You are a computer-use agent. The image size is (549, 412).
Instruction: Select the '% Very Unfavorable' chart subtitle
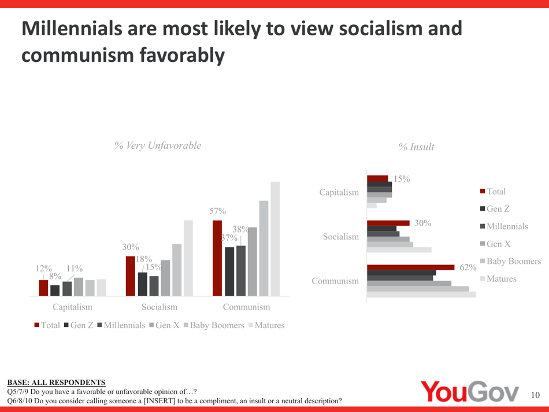click(x=158, y=146)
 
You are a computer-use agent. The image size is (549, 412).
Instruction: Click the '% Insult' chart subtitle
click(x=416, y=148)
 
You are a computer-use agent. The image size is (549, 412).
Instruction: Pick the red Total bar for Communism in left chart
click(x=217, y=257)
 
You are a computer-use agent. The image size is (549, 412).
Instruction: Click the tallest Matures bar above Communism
click(x=275, y=238)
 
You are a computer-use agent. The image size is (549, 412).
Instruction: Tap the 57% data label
click(x=218, y=212)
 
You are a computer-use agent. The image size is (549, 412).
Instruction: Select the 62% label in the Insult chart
click(x=468, y=267)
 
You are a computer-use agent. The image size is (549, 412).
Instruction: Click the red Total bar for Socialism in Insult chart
click(x=388, y=223)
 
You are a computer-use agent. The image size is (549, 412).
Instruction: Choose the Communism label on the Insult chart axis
click(x=335, y=281)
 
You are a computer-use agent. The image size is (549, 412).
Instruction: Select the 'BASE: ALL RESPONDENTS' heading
click(x=56, y=382)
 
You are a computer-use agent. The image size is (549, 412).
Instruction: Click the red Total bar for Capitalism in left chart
click(x=43, y=288)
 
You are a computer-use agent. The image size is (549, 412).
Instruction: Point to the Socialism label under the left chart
click(x=154, y=306)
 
